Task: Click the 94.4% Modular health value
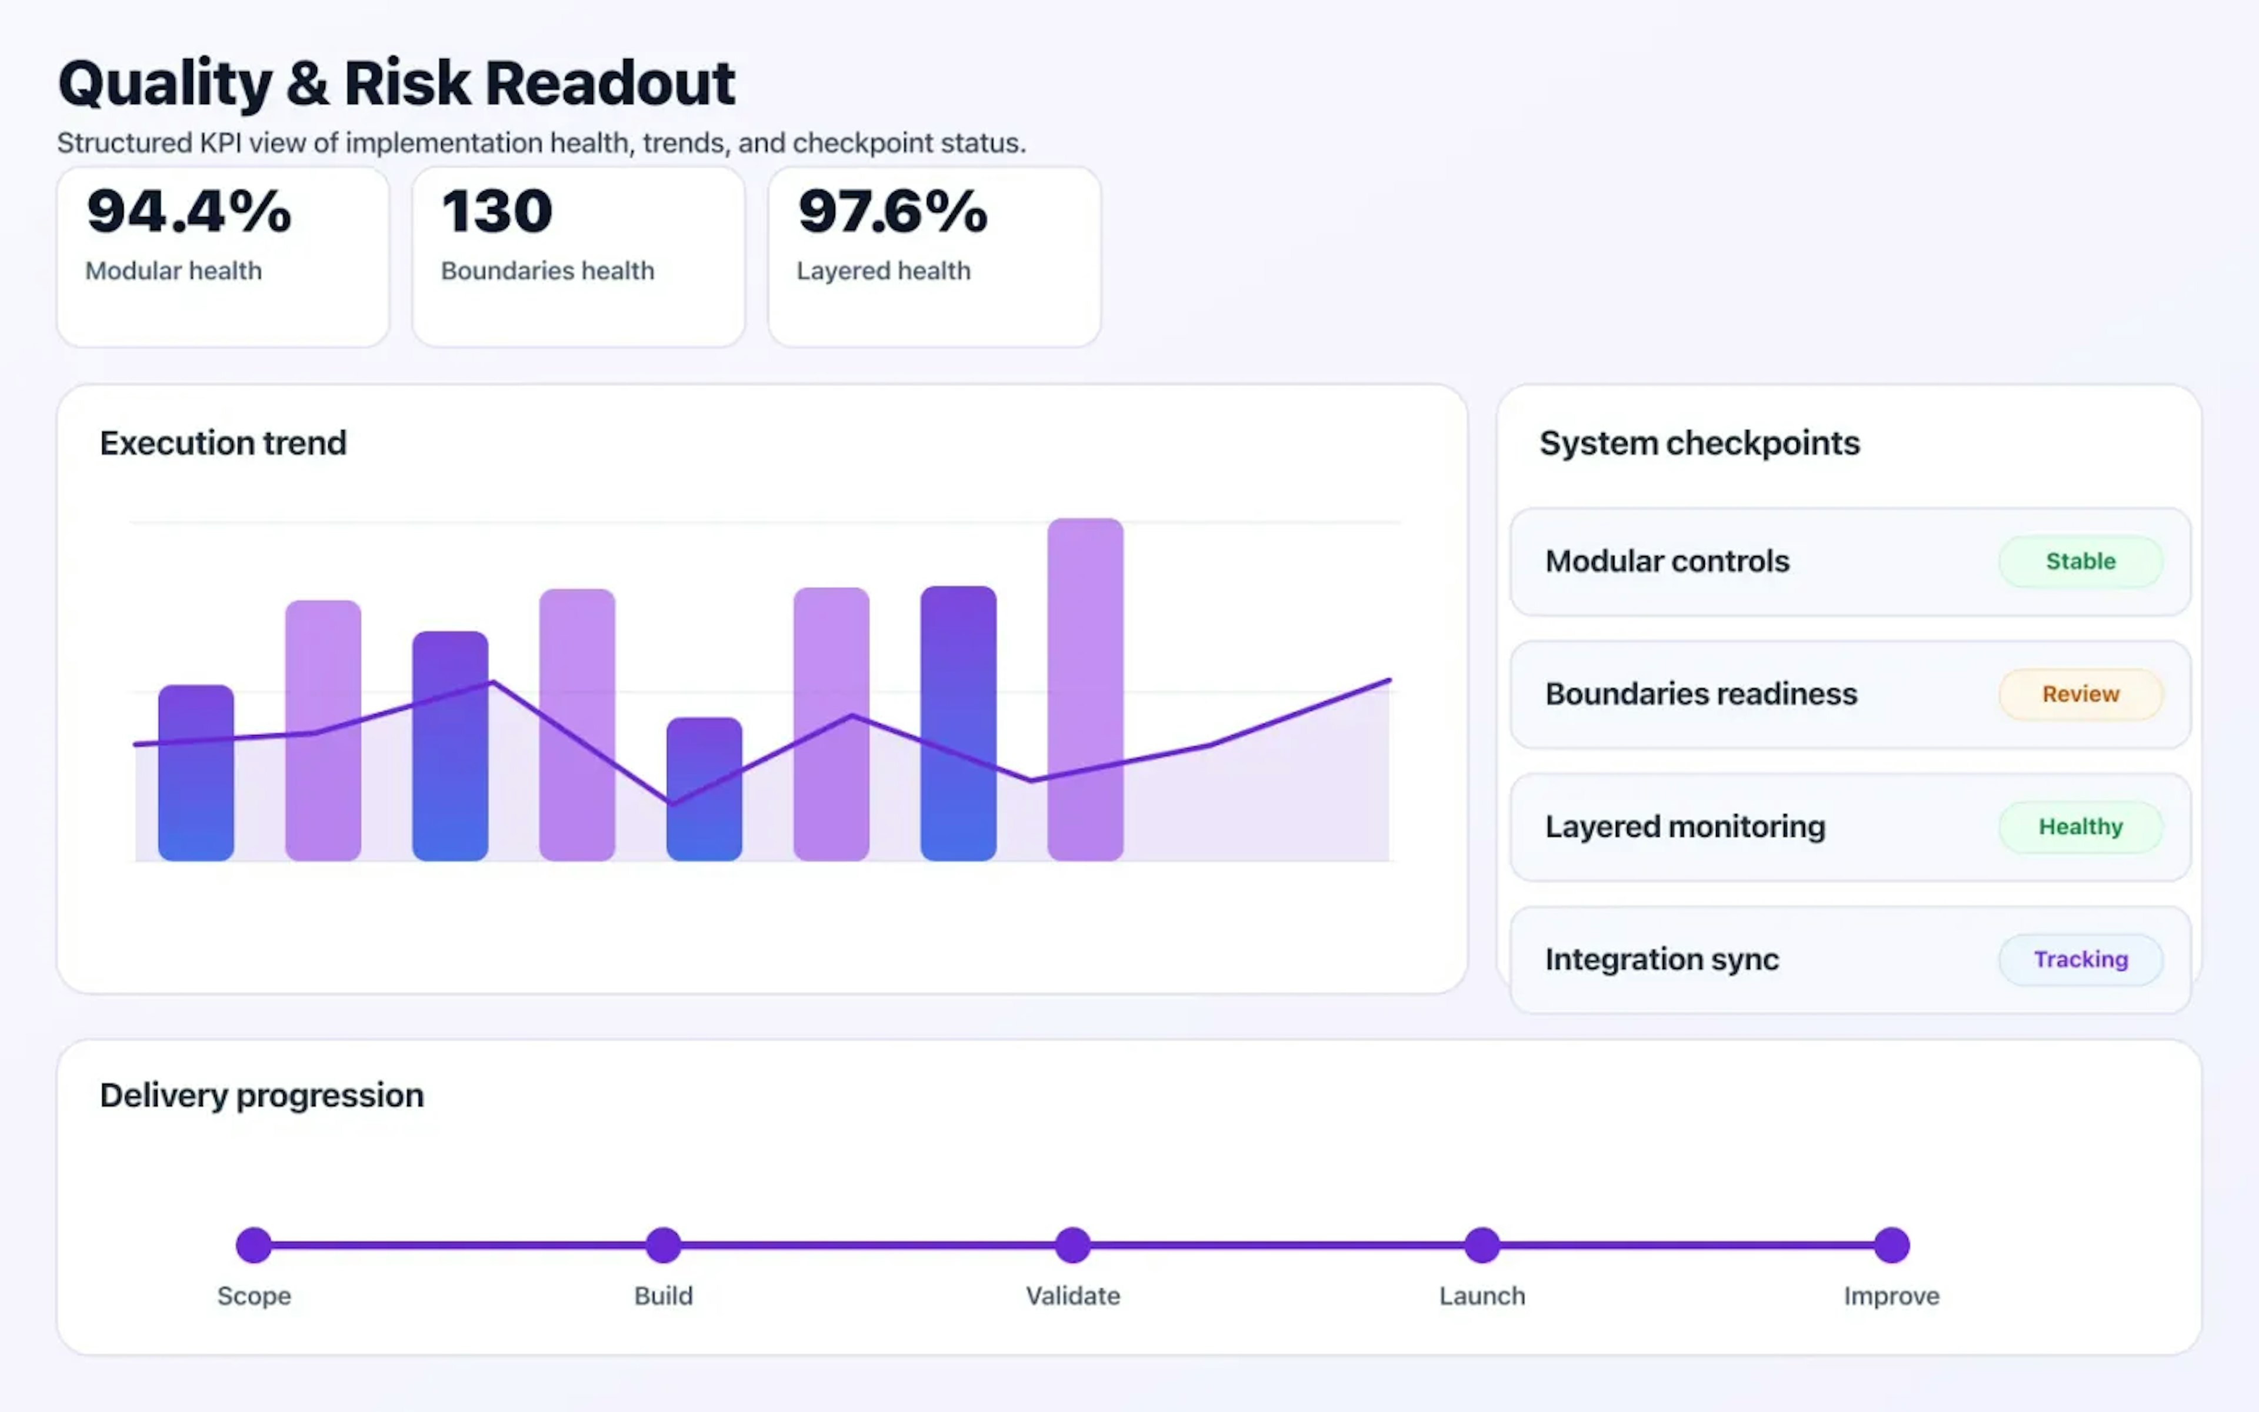(x=189, y=211)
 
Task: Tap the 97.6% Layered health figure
(x=892, y=211)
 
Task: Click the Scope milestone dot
(x=254, y=1245)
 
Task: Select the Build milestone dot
(x=664, y=1245)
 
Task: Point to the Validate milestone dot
(x=1072, y=1245)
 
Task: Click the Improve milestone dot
(x=1891, y=1245)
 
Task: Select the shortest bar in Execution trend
(x=704, y=789)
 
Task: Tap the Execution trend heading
(x=223, y=442)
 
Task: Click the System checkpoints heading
(x=1699, y=442)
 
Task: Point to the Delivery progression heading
(x=261, y=1094)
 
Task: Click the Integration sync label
(x=1661, y=959)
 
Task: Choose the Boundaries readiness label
(x=1701, y=694)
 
